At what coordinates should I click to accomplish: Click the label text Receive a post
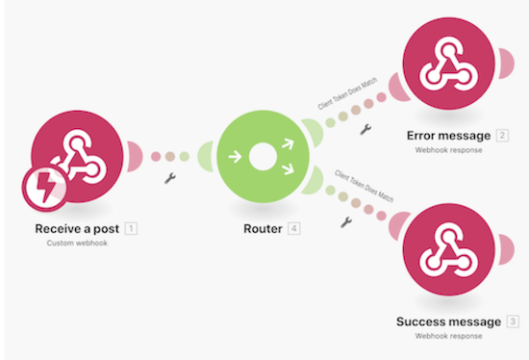77,229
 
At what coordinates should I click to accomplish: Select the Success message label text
448,321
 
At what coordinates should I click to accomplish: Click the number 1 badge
131,229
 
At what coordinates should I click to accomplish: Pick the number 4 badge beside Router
293,229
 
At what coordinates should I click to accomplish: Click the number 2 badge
502,134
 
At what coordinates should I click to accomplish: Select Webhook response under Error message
449,150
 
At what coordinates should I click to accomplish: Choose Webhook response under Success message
448,336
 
